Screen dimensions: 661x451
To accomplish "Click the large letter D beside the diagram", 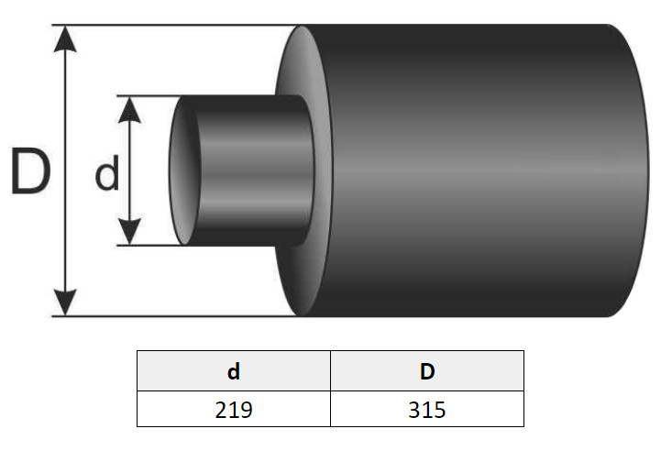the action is click(30, 170).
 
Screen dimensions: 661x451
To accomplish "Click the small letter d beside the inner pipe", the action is click(107, 173).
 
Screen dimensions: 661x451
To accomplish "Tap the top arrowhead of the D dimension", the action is click(65, 38).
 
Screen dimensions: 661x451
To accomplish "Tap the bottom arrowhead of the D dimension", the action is click(65, 302).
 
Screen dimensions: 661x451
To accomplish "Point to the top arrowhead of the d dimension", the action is click(129, 110).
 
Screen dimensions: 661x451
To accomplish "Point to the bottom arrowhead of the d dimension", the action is click(129, 231).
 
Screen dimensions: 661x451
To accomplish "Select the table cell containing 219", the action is click(234, 409).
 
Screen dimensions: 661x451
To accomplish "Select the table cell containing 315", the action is click(427, 409).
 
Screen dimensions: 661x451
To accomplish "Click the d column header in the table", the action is click(234, 371).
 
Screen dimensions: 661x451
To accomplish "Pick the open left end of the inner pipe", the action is click(183, 170).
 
